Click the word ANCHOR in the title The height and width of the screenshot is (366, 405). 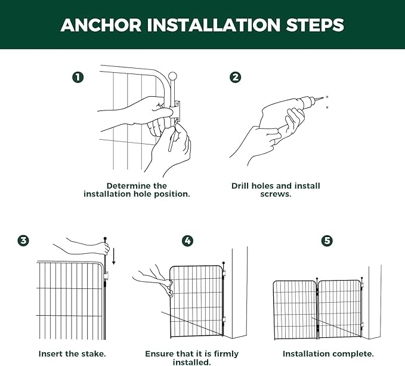click(101, 25)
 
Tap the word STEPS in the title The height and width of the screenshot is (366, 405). click(315, 25)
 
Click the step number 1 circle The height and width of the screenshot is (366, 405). click(78, 77)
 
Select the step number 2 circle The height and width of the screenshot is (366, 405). click(235, 77)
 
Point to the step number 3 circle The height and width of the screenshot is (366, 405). click(23, 241)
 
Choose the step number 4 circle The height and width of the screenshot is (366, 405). click(187, 241)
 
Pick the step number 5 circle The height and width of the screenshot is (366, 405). click(327, 241)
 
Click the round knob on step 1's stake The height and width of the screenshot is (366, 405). click(172, 76)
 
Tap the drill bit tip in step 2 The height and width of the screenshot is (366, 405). click(323, 97)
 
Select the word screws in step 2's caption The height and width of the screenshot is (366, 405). click(275, 195)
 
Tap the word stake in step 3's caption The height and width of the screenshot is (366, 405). click(94, 353)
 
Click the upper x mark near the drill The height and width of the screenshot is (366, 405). click(327, 97)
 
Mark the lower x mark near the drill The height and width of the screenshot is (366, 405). click(327, 107)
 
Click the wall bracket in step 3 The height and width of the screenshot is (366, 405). click(106, 275)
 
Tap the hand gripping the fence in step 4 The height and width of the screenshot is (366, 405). click(155, 281)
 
